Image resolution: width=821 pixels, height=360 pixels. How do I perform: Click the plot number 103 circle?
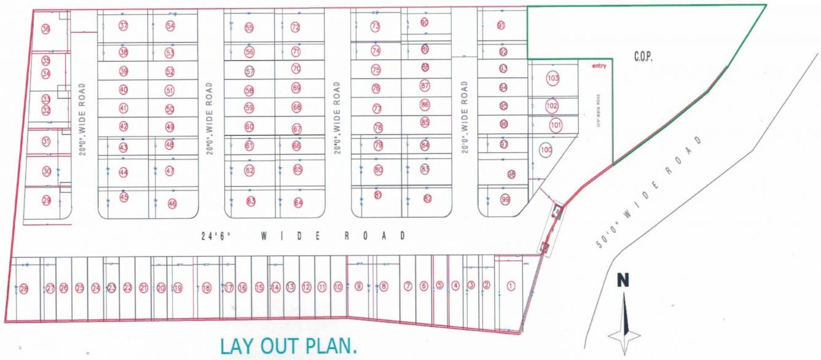pyautogui.click(x=553, y=79)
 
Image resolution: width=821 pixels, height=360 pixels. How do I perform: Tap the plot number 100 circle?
pyautogui.click(x=546, y=149)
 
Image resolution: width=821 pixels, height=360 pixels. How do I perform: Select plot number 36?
pyautogui.click(x=46, y=29)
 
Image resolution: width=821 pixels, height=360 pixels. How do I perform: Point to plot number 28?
pyautogui.click(x=24, y=289)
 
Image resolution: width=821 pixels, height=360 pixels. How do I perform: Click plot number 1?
pyautogui.click(x=511, y=286)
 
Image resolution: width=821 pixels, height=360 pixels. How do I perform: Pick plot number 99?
pyautogui.click(x=505, y=200)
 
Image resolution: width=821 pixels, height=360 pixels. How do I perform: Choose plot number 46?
pyautogui.click(x=172, y=203)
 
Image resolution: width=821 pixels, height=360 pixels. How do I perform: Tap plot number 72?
pyautogui.click(x=296, y=27)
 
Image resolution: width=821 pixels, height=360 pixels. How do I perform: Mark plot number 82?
pyautogui.click(x=428, y=198)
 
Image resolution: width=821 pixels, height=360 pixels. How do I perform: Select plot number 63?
pyautogui.click(x=251, y=201)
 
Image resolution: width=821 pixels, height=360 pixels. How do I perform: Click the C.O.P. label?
pyautogui.click(x=643, y=57)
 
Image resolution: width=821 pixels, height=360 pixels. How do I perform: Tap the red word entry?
pyautogui.click(x=599, y=66)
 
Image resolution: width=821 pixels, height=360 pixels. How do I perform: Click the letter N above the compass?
pyautogui.click(x=623, y=281)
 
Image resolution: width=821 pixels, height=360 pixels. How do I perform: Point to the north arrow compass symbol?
pyautogui.click(x=624, y=324)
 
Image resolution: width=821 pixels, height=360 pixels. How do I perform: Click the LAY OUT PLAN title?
pyautogui.click(x=288, y=346)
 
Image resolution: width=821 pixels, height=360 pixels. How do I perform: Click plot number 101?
pyautogui.click(x=556, y=126)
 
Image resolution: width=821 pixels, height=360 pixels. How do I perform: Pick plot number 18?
pyautogui.click(x=206, y=288)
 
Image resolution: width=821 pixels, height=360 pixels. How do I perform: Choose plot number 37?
pyautogui.click(x=124, y=26)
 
